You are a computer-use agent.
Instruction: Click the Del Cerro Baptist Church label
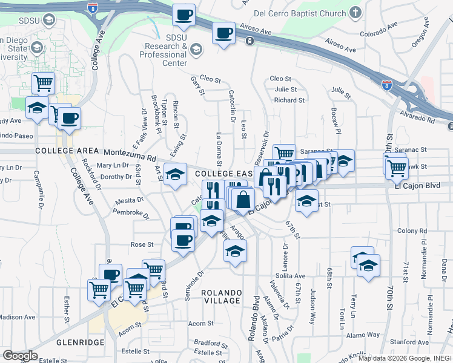(298, 12)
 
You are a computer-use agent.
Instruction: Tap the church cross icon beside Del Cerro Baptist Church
(355, 11)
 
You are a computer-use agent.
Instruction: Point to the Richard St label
(289, 100)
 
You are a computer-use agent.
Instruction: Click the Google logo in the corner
(20, 356)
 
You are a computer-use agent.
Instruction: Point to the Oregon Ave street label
(420, 36)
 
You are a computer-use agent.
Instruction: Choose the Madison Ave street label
(17, 317)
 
